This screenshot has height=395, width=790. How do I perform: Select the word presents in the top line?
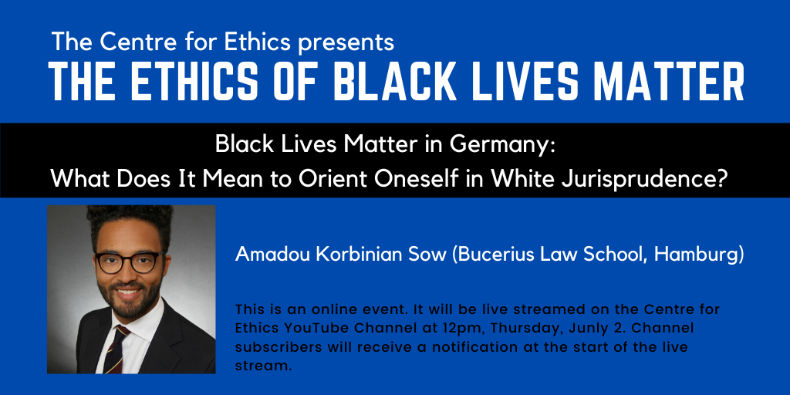click(346, 42)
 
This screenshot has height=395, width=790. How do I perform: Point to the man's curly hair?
click(130, 221)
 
